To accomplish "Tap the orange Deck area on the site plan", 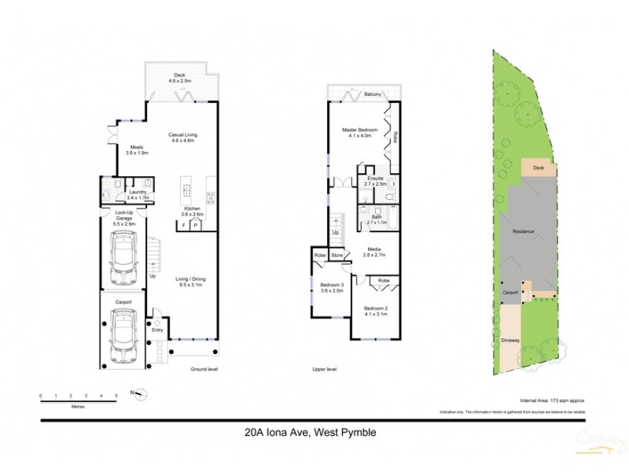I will click(x=538, y=168).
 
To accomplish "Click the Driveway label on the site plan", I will click(x=510, y=340).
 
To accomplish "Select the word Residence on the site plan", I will click(x=524, y=232).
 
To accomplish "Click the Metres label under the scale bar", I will click(x=78, y=407).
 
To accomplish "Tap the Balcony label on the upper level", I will click(x=373, y=95).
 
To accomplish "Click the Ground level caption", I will click(x=204, y=369).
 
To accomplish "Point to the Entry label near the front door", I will click(x=157, y=330).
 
